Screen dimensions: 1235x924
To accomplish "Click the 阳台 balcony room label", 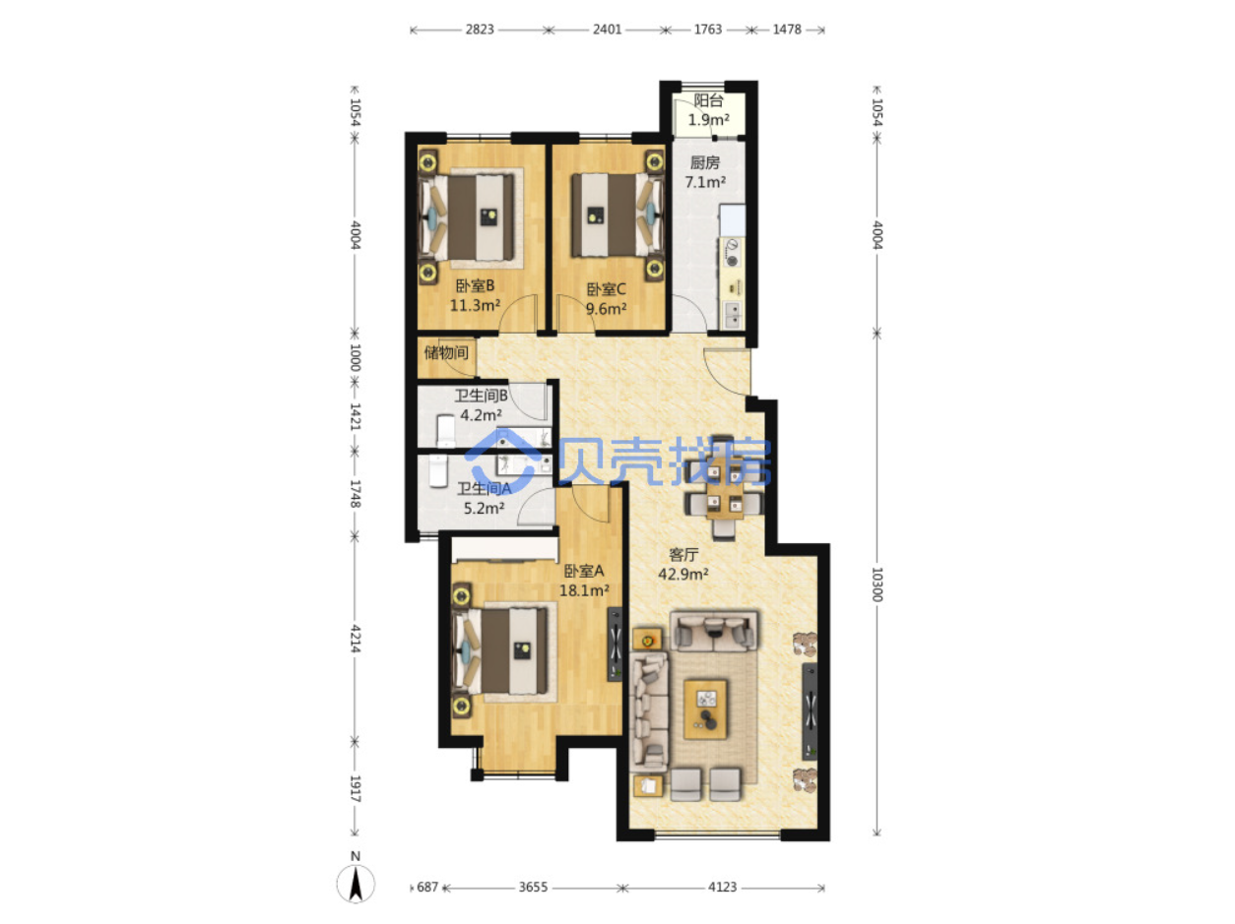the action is pos(708,101).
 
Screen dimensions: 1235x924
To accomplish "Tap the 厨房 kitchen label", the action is pos(704,163).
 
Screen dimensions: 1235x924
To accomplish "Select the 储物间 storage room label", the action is pos(446,353).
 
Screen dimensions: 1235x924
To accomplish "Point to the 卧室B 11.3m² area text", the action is pos(475,305).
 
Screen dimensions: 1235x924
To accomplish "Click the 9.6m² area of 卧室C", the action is pos(606,309).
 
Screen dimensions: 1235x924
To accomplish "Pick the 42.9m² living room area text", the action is pos(683,574).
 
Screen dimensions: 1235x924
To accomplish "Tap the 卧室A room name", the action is pos(583,571).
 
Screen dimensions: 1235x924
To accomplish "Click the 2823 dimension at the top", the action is pos(480,30).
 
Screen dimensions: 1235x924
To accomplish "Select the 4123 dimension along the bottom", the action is pos(722,887).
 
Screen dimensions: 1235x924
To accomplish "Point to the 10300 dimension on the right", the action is pos(877,584).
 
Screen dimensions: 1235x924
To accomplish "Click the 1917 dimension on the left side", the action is pos(355,788).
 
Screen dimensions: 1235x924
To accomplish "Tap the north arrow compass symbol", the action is pos(356,884).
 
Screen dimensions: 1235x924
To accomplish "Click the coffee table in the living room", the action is pos(705,708).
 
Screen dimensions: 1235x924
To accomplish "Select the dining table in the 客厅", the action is pos(723,488).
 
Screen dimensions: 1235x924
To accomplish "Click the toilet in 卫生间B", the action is pos(445,431).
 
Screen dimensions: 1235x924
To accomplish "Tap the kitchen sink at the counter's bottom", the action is pos(732,315).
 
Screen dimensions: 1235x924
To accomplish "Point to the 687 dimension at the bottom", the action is pos(427,887).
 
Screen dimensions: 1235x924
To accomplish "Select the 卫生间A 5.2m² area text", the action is pos(484,508).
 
